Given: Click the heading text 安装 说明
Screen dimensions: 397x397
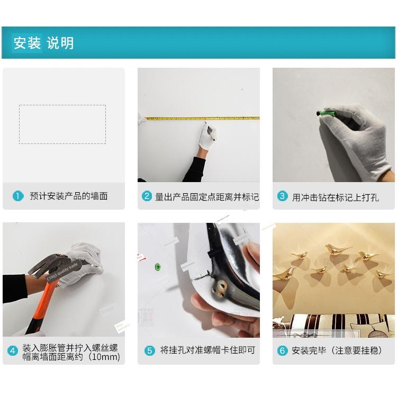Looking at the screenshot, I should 43,43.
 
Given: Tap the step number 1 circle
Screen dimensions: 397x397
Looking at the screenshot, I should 18,196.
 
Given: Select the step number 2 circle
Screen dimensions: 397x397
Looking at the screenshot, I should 147,196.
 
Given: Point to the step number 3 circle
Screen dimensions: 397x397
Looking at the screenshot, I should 282,196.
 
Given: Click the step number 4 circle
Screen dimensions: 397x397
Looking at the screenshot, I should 13,351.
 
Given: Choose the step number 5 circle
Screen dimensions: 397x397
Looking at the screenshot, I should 150,350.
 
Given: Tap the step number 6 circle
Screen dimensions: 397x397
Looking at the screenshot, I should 282,350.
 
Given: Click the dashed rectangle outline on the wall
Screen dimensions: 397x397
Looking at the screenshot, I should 62,105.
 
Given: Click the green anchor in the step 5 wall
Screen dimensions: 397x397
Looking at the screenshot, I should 157,267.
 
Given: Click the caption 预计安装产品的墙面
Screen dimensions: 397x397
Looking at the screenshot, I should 69,196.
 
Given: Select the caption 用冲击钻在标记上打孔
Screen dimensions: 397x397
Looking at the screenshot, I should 336,197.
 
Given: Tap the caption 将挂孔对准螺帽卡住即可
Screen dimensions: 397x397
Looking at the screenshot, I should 207,350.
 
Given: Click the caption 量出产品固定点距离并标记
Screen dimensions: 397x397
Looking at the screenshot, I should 207,197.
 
